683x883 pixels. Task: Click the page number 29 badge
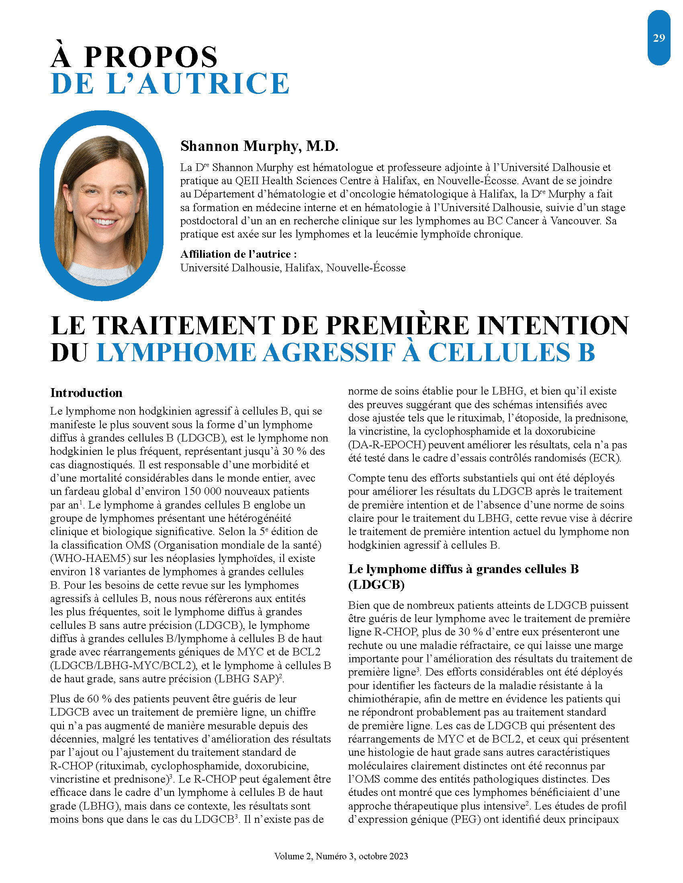click(658, 38)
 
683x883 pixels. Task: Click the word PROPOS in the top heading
click(151, 57)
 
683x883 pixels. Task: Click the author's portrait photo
click(101, 206)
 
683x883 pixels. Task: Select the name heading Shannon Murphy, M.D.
click(259, 146)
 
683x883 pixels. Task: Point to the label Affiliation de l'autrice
click(238, 254)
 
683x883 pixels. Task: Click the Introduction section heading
click(86, 393)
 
